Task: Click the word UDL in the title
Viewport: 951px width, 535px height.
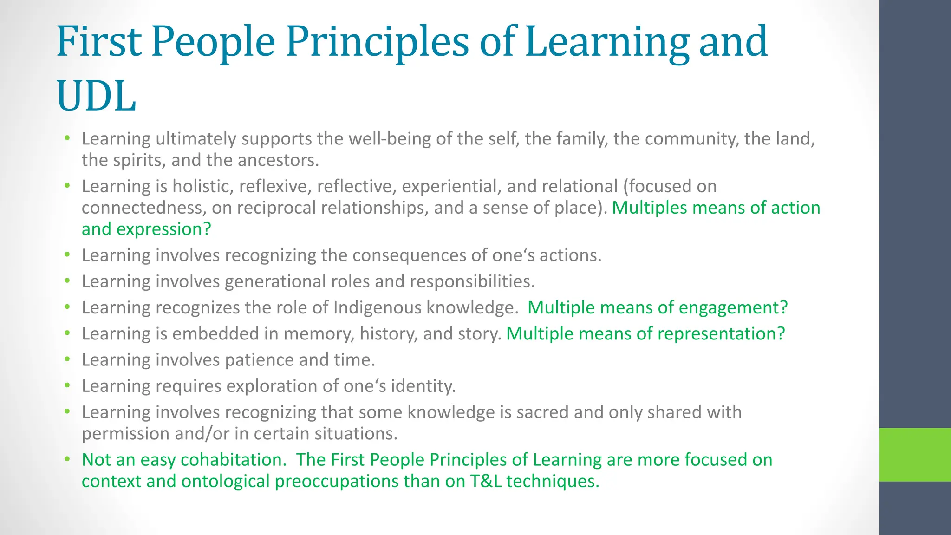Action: (x=97, y=96)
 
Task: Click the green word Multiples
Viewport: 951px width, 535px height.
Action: (x=649, y=208)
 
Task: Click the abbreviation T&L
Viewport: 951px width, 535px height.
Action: (x=486, y=481)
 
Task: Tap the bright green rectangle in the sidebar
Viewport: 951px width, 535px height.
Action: (x=915, y=455)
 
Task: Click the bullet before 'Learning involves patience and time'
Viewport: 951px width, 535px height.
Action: (x=67, y=359)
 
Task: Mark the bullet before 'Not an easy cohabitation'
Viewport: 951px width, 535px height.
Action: (x=67, y=459)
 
